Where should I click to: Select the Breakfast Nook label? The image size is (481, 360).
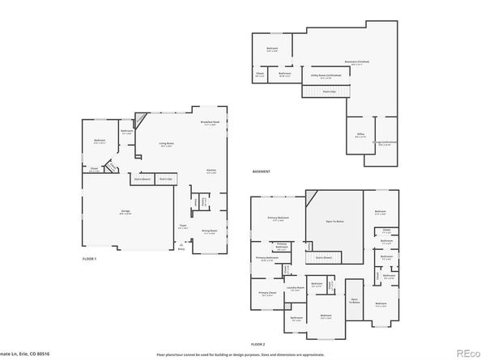point(212,124)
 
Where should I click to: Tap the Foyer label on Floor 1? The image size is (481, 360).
point(182,227)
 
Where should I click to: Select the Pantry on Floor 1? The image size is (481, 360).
point(204,200)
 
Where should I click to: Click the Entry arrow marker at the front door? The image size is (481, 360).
point(181,248)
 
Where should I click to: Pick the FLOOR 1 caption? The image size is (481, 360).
point(89,258)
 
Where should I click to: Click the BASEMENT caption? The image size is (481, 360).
point(262,171)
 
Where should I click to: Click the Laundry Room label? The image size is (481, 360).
point(295,287)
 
